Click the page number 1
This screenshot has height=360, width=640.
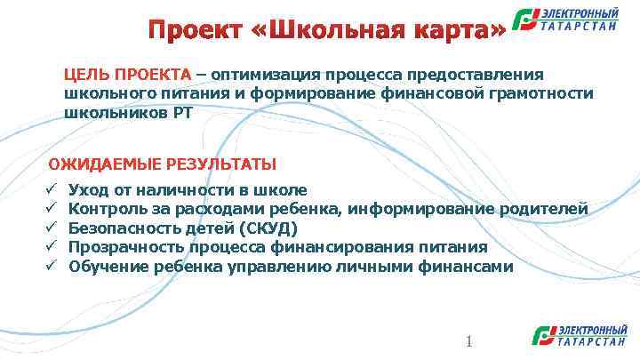point(468,342)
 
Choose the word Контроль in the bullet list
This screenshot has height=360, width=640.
point(106,209)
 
